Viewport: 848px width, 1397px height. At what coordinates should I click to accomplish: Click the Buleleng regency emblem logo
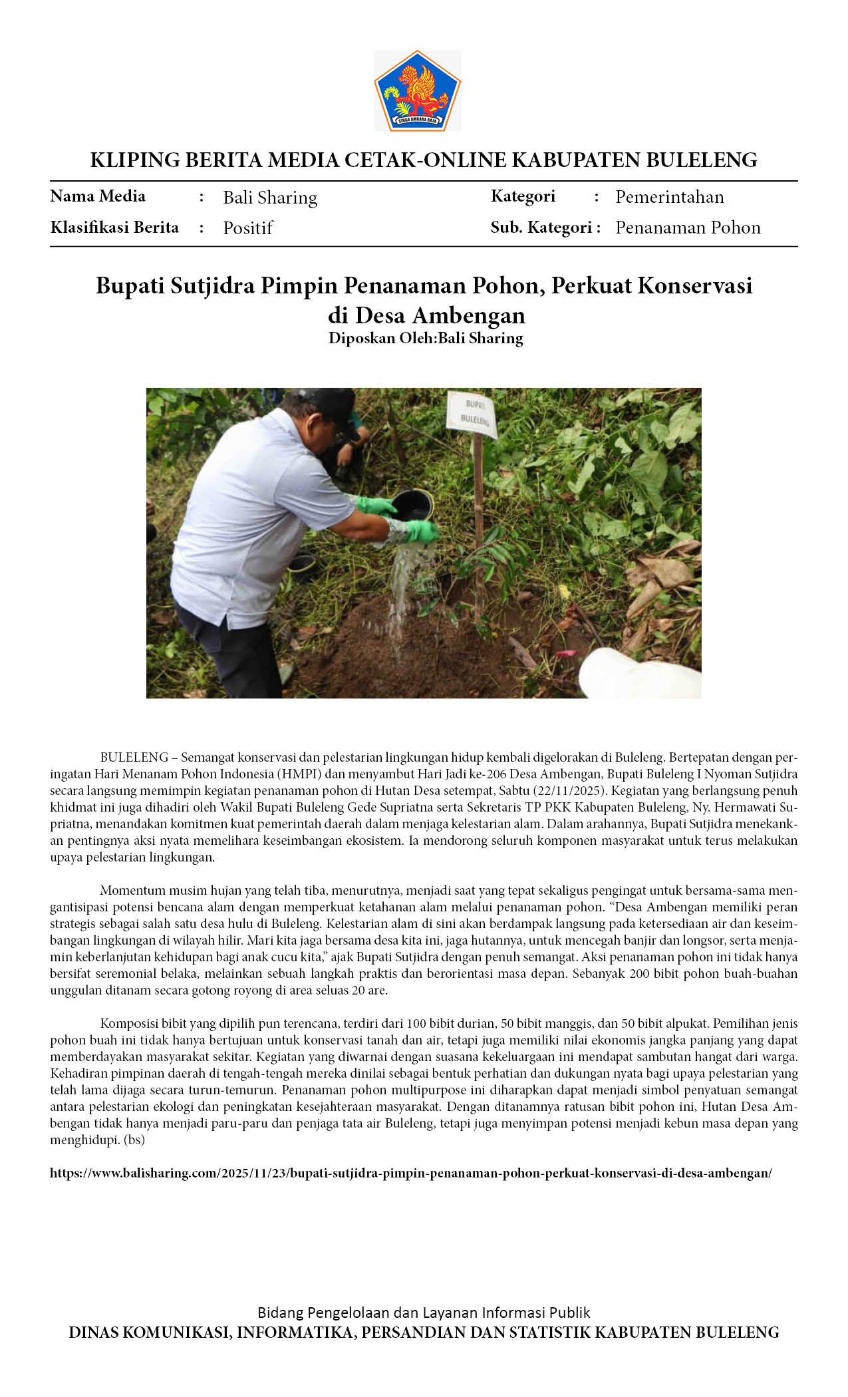click(417, 90)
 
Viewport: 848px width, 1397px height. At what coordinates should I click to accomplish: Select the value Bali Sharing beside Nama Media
click(270, 198)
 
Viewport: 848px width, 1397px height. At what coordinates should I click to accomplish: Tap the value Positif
click(247, 228)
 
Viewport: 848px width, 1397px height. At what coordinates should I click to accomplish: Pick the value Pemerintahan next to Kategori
click(669, 197)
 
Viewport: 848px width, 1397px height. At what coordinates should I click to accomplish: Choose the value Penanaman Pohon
click(688, 228)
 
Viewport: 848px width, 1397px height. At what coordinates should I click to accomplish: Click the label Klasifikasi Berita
click(114, 228)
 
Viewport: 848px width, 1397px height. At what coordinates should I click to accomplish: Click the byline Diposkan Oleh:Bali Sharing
click(426, 338)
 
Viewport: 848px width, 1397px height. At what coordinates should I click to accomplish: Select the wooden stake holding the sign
click(478, 519)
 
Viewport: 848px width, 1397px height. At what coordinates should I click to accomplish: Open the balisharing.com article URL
click(410, 1173)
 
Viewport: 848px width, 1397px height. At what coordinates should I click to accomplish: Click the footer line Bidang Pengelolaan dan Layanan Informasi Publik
click(424, 1313)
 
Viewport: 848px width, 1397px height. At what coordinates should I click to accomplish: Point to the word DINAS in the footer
click(90, 1332)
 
